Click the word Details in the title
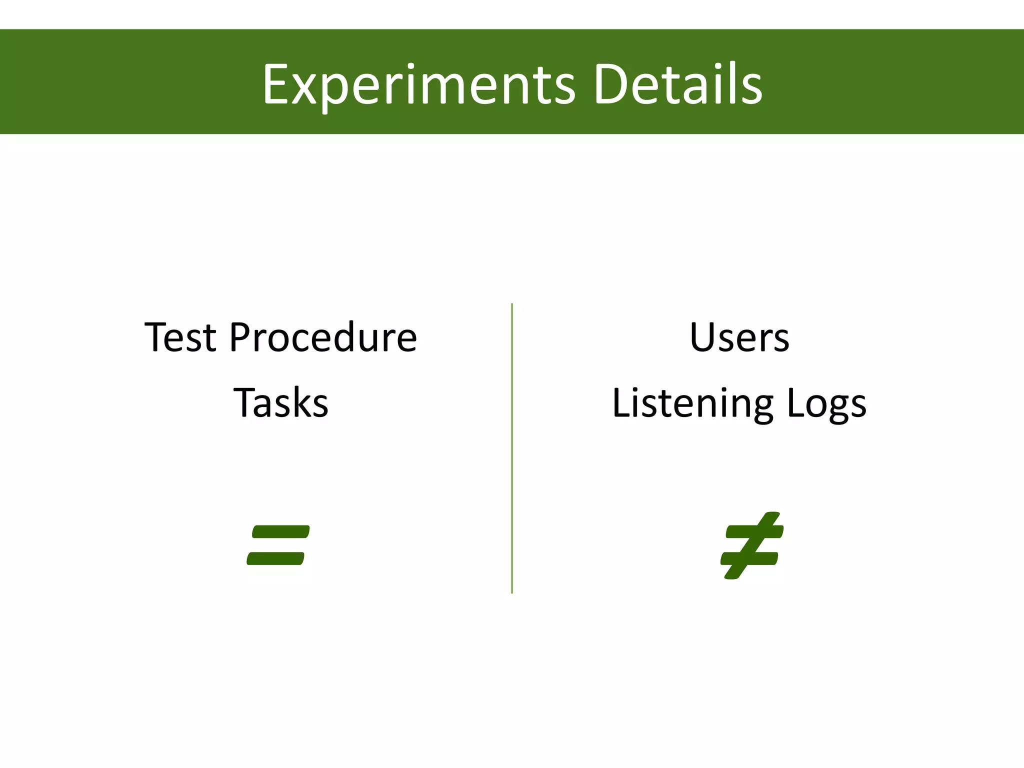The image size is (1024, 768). [x=677, y=84]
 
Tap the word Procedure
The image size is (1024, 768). [x=323, y=338]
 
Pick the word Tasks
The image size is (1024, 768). [x=281, y=403]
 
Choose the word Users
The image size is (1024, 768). [x=739, y=338]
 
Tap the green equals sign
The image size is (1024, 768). [x=278, y=545]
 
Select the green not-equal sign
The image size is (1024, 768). [x=751, y=545]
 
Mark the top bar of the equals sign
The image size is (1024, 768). [x=281, y=531]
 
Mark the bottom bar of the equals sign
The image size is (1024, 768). [x=275, y=558]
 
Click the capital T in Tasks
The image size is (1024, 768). [x=245, y=402]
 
